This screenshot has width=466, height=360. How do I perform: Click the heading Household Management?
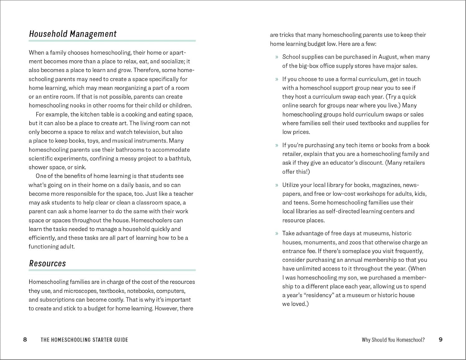tap(73, 34)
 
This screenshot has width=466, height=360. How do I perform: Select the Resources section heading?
tap(48, 263)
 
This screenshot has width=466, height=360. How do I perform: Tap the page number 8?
tap(25, 339)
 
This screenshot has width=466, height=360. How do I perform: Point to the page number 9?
tap(441, 339)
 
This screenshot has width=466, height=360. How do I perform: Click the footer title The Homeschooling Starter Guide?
tap(84, 340)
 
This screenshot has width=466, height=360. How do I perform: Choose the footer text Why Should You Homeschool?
tap(393, 340)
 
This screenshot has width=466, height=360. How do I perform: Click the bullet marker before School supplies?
tap(276, 57)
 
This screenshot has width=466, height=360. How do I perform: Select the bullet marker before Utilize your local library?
tap(276, 185)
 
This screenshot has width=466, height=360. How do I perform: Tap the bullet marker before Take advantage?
tap(276, 234)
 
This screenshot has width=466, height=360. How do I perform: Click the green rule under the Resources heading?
tap(112, 270)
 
